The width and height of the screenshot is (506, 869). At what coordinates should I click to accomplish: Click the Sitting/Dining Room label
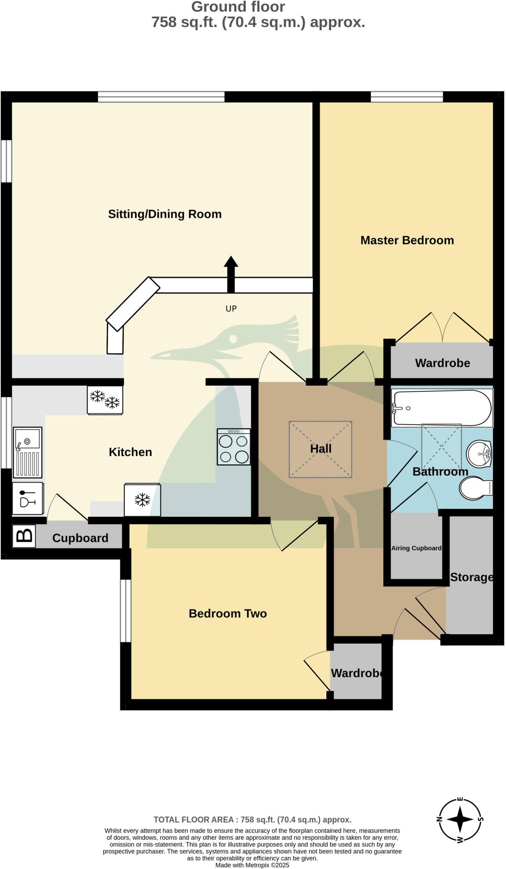(165, 214)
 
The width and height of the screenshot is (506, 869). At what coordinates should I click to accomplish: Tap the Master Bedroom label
(407, 240)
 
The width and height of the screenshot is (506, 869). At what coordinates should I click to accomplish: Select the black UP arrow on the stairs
(231, 274)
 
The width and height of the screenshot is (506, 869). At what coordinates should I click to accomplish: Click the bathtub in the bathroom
(441, 408)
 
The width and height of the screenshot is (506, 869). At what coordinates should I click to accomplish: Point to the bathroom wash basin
(479, 454)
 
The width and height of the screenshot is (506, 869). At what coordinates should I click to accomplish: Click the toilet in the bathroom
(476, 488)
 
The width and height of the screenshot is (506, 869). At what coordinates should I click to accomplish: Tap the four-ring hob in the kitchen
(233, 447)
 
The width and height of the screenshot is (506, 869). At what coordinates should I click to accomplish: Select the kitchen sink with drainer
(28, 452)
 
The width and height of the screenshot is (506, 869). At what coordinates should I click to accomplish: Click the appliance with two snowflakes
(105, 399)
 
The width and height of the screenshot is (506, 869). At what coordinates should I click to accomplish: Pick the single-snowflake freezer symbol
(142, 500)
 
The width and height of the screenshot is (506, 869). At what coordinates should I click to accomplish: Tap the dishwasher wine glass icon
(28, 499)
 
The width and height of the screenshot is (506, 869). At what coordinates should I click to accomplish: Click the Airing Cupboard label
(416, 548)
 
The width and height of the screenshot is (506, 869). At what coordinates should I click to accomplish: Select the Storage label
(471, 577)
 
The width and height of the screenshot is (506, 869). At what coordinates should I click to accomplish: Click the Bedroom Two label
(228, 614)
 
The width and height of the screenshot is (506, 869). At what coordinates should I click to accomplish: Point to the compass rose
(460, 819)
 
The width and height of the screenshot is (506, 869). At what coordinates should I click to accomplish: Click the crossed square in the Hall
(320, 449)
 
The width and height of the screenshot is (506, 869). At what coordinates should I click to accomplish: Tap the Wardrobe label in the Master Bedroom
(442, 363)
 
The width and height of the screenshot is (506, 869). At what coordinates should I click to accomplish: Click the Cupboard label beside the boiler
(80, 538)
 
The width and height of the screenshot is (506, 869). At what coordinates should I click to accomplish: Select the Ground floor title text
(238, 7)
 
